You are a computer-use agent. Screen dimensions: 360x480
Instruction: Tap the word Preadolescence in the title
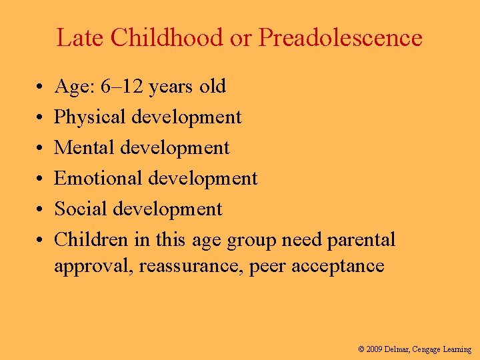click(x=340, y=38)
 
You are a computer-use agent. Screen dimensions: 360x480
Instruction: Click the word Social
click(x=81, y=209)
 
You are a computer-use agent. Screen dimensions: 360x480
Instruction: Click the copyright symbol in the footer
click(x=361, y=349)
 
